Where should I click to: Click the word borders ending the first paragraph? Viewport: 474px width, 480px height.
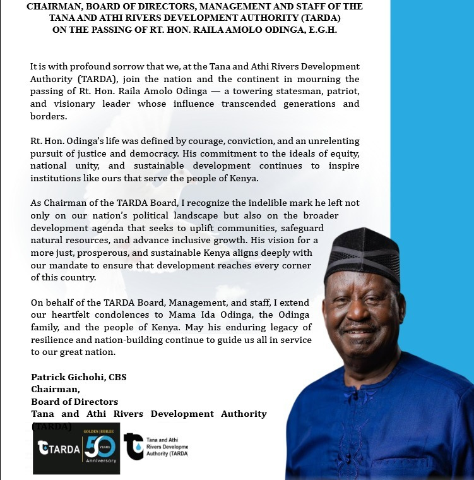pyautogui.click(x=47, y=117)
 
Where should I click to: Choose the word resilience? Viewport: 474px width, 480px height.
pyautogui.click(x=55, y=340)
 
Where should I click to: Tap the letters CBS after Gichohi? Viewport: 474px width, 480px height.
pyautogui.click(x=117, y=377)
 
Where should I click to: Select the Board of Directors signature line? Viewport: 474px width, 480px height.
pyautogui.click(x=74, y=402)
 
